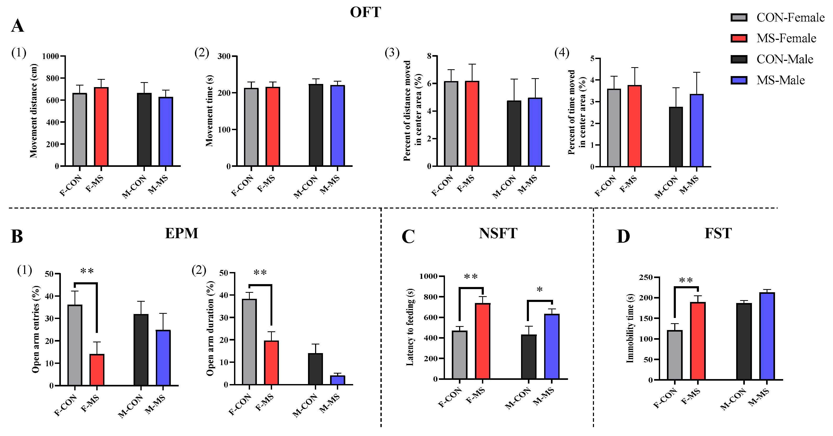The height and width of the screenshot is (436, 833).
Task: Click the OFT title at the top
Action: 365,12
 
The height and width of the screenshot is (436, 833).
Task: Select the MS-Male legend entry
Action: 780,80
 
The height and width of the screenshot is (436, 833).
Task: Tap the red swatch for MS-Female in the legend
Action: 739,38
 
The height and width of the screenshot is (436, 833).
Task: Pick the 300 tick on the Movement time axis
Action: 224,56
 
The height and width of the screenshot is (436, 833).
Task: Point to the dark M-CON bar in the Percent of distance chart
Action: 514,133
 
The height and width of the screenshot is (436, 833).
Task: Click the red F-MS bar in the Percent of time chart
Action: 634,126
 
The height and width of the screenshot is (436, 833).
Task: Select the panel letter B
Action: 17,236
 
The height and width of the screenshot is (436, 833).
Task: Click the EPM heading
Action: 181,233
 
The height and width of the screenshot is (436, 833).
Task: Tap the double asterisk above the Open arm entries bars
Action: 87,271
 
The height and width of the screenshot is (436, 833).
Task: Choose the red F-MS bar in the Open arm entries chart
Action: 97,370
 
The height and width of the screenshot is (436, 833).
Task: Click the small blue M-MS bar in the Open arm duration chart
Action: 337,380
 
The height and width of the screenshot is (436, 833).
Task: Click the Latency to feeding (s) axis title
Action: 410,327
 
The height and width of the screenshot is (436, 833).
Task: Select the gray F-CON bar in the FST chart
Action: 675,355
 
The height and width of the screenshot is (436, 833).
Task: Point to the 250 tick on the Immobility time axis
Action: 645,277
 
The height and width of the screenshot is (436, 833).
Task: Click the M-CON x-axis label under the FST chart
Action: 733,399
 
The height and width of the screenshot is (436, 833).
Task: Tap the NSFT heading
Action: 498,233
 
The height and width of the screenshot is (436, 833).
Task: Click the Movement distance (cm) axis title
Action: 34,111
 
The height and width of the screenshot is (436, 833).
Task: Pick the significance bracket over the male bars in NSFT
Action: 539,301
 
